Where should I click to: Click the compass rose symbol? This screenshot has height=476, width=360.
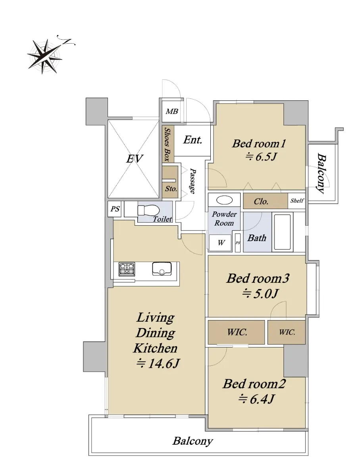[45, 56]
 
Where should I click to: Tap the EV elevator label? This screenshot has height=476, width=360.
[135, 159]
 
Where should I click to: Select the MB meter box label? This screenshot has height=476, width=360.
[172, 111]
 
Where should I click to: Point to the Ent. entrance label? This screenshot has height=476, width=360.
[193, 140]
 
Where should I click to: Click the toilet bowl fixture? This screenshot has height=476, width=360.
[148, 210]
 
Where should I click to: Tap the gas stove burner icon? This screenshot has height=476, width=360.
[127, 269]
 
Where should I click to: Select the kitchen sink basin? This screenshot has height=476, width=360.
[162, 269]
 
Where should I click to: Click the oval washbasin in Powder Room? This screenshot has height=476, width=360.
[224, 200]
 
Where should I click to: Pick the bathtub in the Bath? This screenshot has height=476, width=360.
[282, 232]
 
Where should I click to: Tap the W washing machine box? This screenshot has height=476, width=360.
[220, 243]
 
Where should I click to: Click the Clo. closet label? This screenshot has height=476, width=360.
[261, 202]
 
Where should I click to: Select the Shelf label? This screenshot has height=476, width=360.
[297, 201]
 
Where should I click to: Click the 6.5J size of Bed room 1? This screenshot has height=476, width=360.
[261, 156]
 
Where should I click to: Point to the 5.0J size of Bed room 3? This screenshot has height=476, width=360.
[260, 294]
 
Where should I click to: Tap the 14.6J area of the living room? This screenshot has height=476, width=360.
[158, 363]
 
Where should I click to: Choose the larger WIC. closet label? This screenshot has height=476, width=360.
[237, 332]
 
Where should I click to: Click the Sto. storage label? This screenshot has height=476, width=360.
[171, 189]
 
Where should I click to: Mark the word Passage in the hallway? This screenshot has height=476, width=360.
[193, 181]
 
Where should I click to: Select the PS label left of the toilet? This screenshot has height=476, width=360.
[115, 209]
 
